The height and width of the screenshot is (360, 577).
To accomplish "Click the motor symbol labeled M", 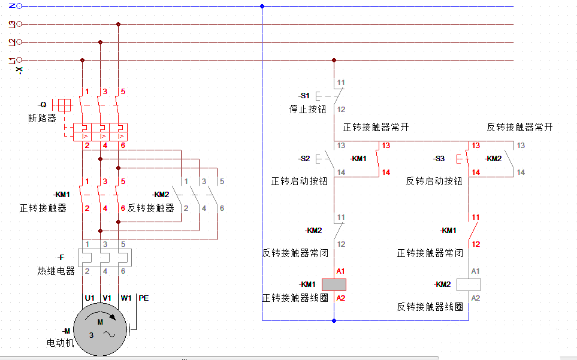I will [x=101, y=331].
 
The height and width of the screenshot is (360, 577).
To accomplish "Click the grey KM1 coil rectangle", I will [x=334, y=285].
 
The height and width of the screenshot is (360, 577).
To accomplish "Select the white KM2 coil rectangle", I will [x=469, y=285].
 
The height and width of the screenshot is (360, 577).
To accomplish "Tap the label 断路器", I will [x=42, y=118].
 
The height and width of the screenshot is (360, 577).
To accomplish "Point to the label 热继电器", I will [x=56, y=271].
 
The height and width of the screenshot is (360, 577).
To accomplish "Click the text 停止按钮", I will [x=307, y=109].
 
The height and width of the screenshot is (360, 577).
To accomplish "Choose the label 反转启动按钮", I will [x=434, y=181].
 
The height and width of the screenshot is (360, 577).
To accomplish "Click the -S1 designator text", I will [x=304, y=96].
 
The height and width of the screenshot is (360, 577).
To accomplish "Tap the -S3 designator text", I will [x=439, y=159].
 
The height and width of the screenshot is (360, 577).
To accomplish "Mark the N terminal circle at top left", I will [x=19, y=6].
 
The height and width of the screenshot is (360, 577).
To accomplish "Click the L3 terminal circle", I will [x=19, y=24].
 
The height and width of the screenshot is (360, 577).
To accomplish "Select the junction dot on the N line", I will [x=262, y=6].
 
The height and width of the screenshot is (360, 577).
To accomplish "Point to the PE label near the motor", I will [x=144, y=298].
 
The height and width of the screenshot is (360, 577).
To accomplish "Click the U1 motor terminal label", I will [x=90, y=298].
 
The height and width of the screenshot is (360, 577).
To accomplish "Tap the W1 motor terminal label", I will [x=126, y=298].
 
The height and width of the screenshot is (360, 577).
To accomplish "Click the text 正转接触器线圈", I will [x=295, y=298].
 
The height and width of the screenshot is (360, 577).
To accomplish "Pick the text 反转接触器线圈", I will [x=430, y=307].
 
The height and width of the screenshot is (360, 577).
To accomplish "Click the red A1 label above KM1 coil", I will [x=340, y=271].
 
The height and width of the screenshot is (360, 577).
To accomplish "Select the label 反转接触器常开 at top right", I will [x=519, y=127].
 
